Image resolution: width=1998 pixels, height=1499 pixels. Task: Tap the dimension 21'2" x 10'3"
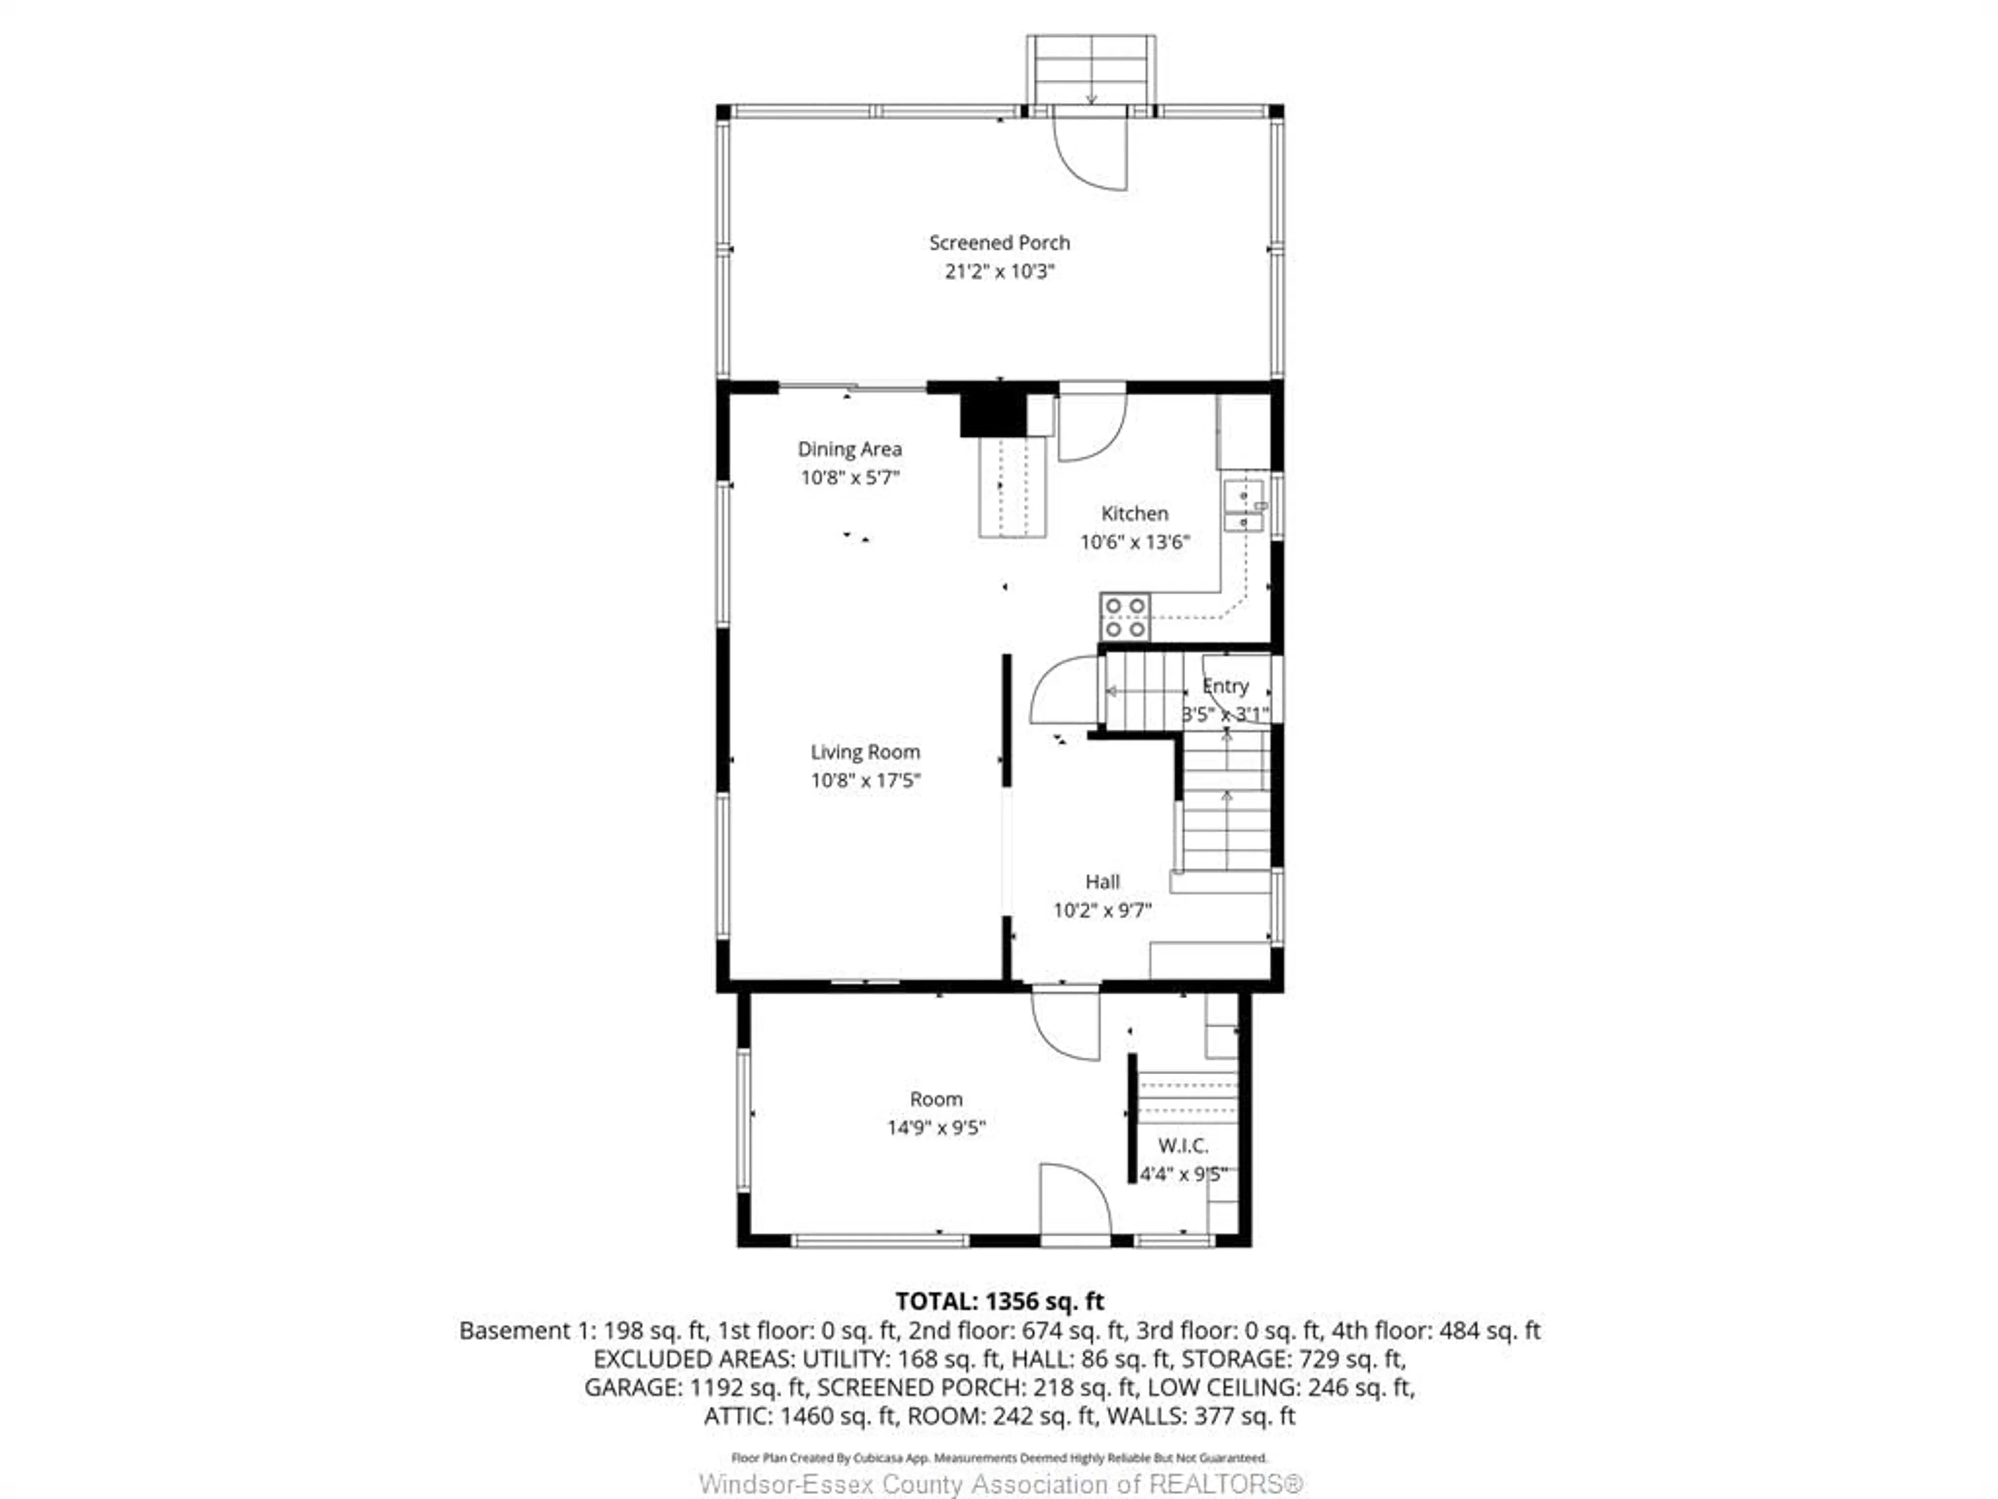(999, 271)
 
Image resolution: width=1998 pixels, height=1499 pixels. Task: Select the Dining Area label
(849, 449)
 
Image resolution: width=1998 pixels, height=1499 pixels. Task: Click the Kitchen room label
(1134, 513)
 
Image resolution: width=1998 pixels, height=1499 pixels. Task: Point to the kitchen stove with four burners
(1124, 617)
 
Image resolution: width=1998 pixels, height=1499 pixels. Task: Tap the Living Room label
(864, 752)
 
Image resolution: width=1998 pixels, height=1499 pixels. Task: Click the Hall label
(1102, 882)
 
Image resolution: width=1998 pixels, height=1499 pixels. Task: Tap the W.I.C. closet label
(1182, 1146)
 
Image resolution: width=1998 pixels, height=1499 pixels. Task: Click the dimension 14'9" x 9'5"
(936, 1128)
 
